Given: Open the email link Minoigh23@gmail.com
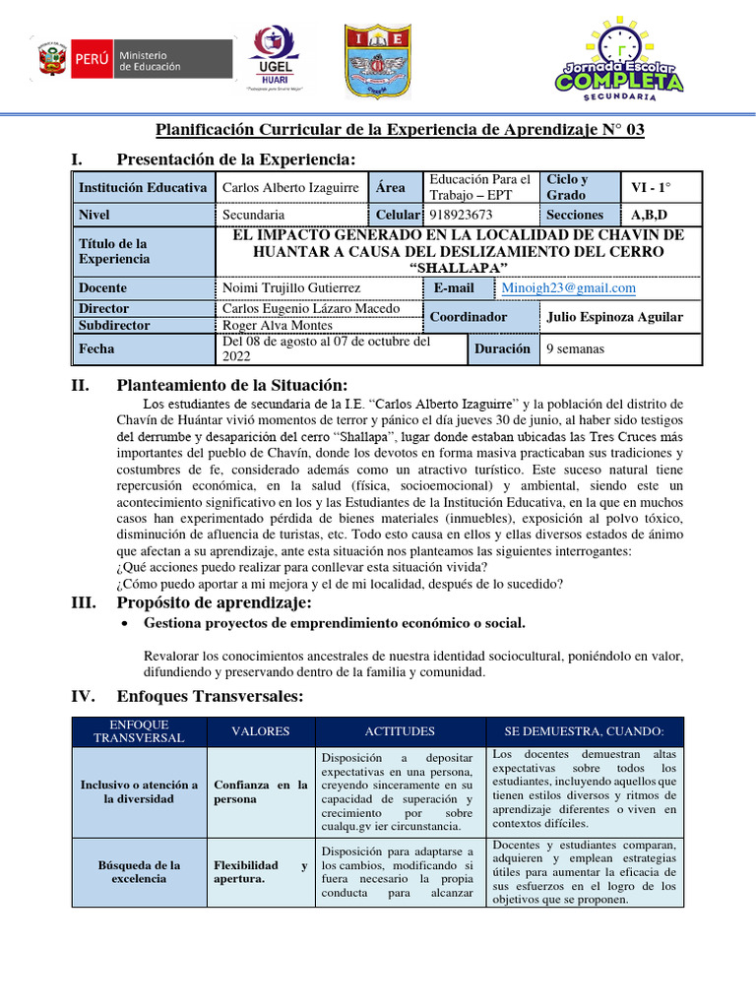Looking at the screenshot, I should click(568, 288).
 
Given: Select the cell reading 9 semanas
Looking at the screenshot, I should click(576, 348).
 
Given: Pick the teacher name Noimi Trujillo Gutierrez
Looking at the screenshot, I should click(291, 288).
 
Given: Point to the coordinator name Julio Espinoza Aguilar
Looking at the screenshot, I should click(612, 317).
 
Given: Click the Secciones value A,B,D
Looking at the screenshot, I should click(650, 215).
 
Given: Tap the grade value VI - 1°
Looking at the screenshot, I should click(651, 187).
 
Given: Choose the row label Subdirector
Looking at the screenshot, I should click(114, 325).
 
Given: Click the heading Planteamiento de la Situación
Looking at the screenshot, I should click(231, 385).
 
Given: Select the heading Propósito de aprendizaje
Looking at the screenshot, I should click(214, 602).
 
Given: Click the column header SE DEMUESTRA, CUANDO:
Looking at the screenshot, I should click(584, 731).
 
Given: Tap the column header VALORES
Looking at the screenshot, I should click(260, 731).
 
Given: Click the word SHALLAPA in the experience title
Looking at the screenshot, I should click(458, 269).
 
